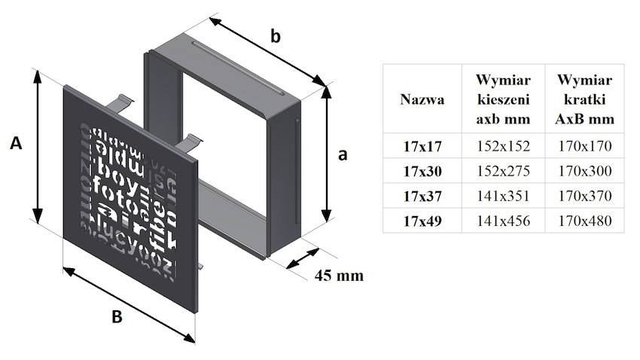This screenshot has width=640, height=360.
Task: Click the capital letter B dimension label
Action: (116, 317)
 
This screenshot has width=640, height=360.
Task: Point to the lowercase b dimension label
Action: (276, 36)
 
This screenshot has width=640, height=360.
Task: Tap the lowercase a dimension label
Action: (343, 154)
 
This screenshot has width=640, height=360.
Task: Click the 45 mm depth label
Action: (338, 276)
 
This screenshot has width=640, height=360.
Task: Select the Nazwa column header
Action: (422, 99)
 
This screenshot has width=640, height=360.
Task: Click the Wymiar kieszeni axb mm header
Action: (504, 99)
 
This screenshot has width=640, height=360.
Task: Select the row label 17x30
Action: (422, 171)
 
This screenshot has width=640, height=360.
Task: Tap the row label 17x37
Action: (422, 196)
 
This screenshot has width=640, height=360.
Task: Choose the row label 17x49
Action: (422, 221)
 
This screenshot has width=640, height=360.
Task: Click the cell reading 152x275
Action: (504, 171)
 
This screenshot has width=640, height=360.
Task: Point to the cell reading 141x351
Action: (504, 196)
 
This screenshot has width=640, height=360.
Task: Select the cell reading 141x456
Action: (504, 221)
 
